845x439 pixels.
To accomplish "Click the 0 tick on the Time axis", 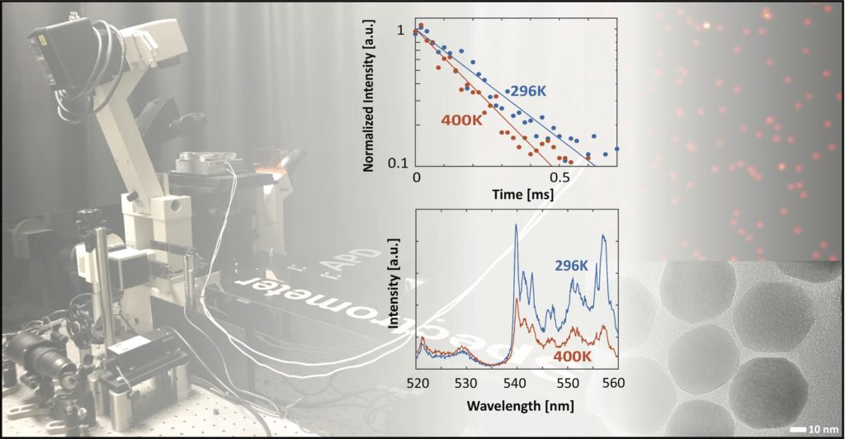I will tap(416, 177).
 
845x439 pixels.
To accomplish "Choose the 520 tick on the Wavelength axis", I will tap(418, 384).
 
